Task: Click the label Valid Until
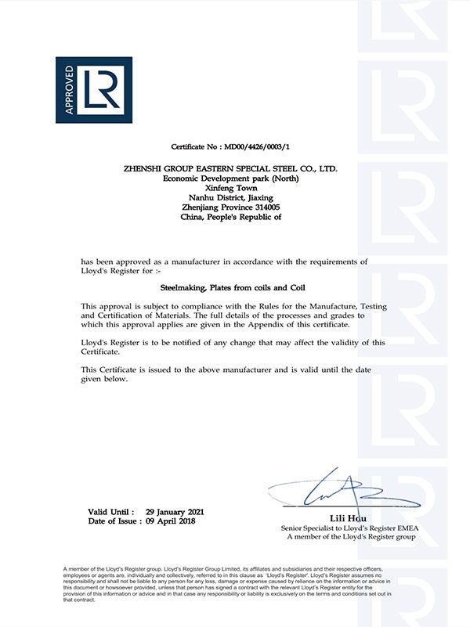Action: [x=110, y=511]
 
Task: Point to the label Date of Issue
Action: [x=113, y=521]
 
